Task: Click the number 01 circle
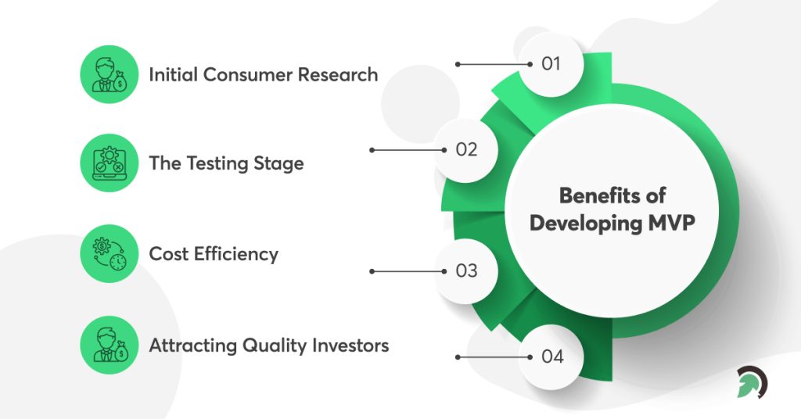[551, 63]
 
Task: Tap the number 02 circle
[466, 149]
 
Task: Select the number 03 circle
[466, 271]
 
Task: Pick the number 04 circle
[551, 357]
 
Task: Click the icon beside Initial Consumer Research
[109, 75]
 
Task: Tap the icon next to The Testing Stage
[109, 165]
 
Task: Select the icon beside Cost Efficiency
[109, 255]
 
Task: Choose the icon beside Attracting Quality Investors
[109, 345]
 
